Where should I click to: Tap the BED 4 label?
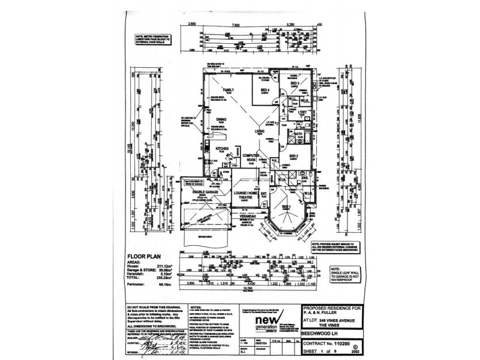pos(265,91)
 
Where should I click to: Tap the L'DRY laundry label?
pos(301,112)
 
